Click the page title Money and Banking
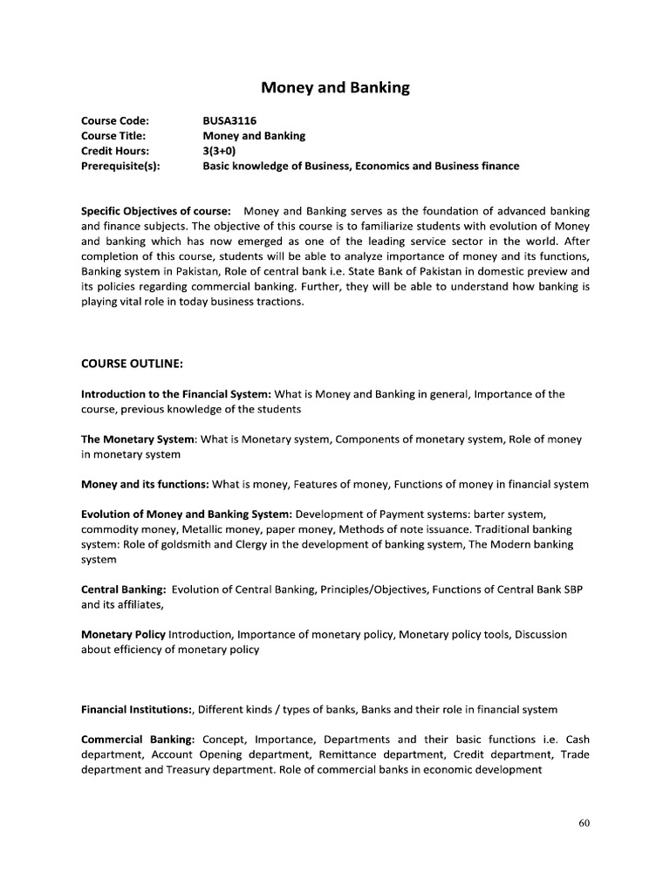tap(336, 88)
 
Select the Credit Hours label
tap(115, 151)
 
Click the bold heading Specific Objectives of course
tap(156, 212)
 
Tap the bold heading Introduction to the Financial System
tap(177, 394)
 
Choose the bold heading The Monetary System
tap(138, 440)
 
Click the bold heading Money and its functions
tap(145, 484)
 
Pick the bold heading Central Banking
tap(123, 590)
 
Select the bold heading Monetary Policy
tap(123, 635)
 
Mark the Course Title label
tap(113, 136)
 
